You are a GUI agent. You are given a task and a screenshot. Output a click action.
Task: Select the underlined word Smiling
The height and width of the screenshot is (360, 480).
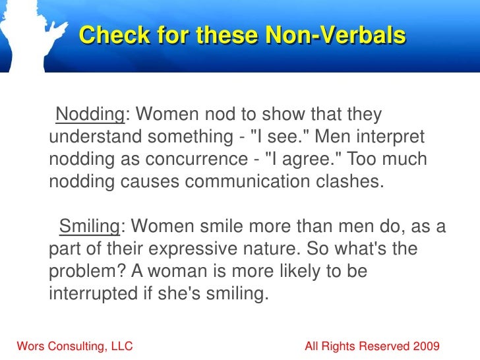pyautogui.click(x=89, y=227)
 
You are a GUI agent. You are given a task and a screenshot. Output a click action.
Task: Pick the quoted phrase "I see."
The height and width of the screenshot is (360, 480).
pyautogui.click(x=276, y=138)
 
